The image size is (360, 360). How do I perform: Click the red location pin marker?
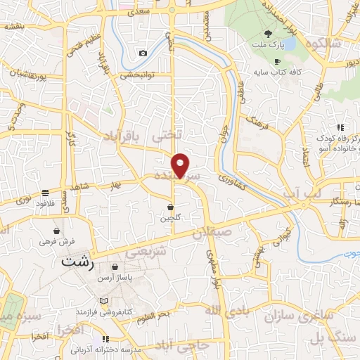point(181,165)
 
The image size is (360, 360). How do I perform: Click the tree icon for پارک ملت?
point(268,33)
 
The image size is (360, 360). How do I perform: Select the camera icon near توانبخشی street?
point(143,53)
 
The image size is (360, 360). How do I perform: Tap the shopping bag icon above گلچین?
point(171,207)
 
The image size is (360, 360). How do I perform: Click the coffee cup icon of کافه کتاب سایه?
point(277,61)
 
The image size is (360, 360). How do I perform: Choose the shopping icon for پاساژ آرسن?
point(115,267)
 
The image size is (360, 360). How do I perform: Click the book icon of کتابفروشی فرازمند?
point(105,300)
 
